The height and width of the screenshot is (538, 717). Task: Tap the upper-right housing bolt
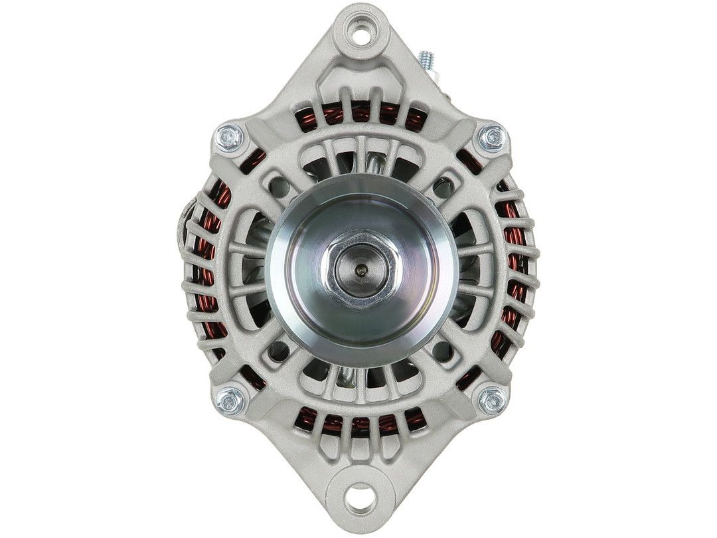[x=492, y=137]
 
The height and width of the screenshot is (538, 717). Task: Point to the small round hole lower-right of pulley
[x=439, y=348]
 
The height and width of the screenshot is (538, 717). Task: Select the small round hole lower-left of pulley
[x=280, y=348]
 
